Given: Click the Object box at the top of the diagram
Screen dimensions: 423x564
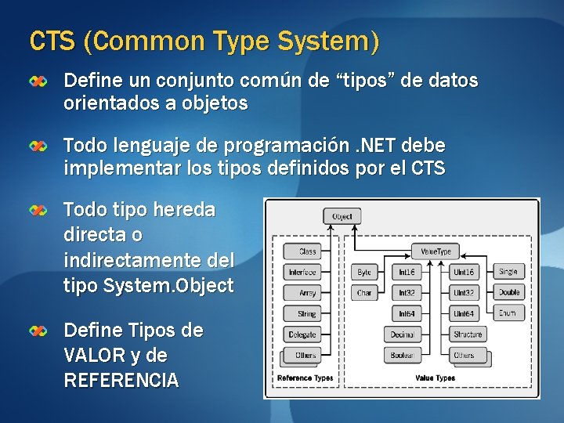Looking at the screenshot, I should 342,216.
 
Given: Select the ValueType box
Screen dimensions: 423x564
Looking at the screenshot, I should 436,251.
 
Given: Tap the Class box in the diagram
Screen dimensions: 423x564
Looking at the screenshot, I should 307,251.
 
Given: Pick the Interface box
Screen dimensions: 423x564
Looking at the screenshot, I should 302,272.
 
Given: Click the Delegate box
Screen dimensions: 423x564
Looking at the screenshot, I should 303,334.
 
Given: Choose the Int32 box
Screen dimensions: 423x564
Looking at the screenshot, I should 406,293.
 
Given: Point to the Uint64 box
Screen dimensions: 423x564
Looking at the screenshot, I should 463,313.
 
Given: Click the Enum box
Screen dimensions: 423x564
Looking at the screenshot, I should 508,313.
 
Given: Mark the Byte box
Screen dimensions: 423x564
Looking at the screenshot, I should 364,272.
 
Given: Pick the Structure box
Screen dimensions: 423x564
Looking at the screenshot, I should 468,334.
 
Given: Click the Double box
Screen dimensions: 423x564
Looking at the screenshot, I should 508,293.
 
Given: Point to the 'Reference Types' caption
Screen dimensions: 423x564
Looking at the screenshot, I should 305,378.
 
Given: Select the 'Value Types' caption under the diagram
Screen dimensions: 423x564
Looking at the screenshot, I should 435,378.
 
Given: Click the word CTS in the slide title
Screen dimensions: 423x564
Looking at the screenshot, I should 52,40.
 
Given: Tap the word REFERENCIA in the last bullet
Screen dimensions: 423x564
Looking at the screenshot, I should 121,381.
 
